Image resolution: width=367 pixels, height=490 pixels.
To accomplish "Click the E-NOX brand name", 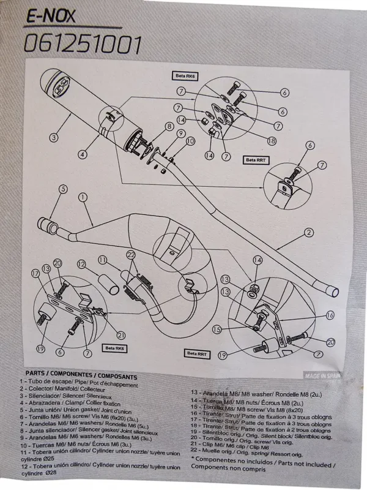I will click(50, 17).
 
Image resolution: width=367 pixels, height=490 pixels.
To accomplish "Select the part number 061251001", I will click(83, 44).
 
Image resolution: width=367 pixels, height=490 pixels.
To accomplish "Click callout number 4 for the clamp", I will click(81, 155).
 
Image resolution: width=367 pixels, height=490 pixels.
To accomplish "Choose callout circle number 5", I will click(62, 190).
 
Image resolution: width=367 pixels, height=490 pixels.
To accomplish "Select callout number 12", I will click(81, 265).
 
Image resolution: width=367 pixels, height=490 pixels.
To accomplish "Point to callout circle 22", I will click(130, 254).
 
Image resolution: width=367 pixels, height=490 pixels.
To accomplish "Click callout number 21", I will click(120, 334).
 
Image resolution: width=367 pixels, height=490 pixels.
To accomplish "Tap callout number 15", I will click(233, 330).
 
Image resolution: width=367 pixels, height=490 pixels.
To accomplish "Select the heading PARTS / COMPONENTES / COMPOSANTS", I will click(81, 377).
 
